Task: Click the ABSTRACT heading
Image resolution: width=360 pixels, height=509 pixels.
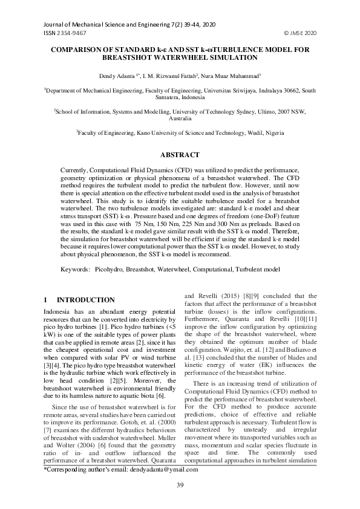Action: (180, 155)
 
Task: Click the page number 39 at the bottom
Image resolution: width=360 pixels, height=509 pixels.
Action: (180, 485)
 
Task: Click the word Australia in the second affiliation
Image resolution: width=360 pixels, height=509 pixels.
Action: (180, 119)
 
